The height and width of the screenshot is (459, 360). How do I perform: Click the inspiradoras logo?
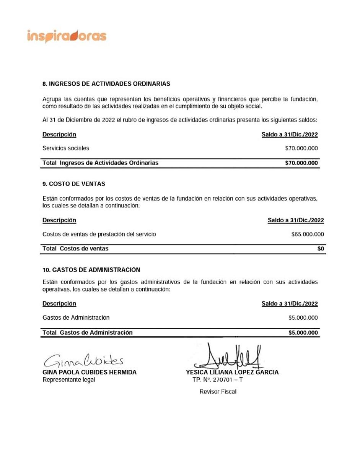click(67, 36)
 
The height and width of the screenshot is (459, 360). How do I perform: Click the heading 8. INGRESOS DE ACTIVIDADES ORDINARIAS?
click(106, 83)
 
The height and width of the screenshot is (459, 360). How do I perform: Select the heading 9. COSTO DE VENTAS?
click(74, 184)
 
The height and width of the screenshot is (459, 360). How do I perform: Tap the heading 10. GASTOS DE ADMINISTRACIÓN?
click(91, 270)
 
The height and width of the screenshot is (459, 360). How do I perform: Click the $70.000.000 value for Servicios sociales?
click(301, 148)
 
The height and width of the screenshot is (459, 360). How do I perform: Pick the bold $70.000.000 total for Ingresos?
click(301, 163)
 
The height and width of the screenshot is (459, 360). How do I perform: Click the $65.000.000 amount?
click(308, 234)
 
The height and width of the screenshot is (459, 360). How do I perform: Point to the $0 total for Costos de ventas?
click(321, 249)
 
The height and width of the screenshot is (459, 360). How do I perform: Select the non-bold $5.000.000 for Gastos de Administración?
click(303, 317)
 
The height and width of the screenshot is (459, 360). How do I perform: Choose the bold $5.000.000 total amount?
click(303, 333)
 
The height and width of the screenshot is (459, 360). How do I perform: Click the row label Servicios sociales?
click(66, 148)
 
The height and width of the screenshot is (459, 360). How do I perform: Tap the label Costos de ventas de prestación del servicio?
click(99, 234)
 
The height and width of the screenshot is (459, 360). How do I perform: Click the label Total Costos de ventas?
click(75, 249)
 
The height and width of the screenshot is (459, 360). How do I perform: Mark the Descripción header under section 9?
click(59, 220)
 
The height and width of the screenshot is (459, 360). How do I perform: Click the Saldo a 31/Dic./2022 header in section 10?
click(290, 304)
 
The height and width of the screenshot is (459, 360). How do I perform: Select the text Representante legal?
click(69, 379)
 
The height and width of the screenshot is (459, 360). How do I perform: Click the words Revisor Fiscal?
click(218, 392)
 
